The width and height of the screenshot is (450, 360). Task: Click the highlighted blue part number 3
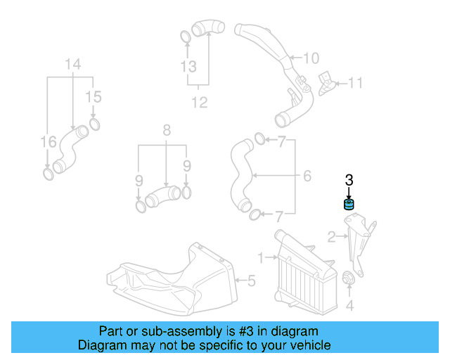point(349,205)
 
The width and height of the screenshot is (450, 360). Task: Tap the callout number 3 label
point(349,180)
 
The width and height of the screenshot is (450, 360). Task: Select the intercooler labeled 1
point(305,272)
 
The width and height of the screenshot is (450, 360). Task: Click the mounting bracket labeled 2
point(360,244)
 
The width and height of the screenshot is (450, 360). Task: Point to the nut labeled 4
point(348,277)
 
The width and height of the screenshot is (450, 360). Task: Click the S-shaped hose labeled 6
point(241,176)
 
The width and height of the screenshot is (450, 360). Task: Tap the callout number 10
point(311,58)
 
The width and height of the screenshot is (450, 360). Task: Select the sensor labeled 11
point(326,84)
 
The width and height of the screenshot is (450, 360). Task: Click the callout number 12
point(200,102)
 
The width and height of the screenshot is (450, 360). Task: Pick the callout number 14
point(73,64)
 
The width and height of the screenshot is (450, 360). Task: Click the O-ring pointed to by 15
point(94,124)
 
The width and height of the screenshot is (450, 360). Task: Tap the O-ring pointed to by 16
point(49,174)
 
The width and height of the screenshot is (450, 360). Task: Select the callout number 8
point(167,130)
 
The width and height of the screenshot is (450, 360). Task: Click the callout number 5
point(252,281)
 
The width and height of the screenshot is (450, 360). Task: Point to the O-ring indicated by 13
point(186,37)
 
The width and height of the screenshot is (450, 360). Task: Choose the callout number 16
point(49,142)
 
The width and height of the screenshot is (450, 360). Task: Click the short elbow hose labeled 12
point(207,28)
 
